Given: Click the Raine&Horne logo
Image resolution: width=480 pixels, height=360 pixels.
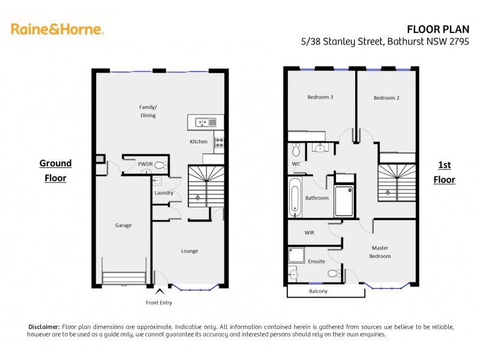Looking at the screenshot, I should pos(57,28).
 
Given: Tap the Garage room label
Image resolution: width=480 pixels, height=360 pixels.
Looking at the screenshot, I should pos(124,226).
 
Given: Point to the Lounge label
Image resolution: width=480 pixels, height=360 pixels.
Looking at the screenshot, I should pos(189,251).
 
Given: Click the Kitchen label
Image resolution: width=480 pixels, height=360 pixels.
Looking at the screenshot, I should pos(199,142).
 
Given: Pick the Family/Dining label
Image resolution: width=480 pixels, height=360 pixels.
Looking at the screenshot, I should pos(148,111).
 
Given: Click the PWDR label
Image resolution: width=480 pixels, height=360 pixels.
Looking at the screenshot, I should pos(145,163).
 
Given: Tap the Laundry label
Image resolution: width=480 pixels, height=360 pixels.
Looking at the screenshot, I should pos(164,193).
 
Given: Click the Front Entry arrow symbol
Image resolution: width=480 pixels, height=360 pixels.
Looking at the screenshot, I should pos(158,292).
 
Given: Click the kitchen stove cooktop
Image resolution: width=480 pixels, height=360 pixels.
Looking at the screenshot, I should pos(219,142).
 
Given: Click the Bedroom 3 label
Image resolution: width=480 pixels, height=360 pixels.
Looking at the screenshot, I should pos(320,97).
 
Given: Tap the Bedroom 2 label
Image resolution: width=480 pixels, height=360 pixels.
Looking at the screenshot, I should pos(386,98).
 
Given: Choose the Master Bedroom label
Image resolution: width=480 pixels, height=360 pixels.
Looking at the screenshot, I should pos(380,252).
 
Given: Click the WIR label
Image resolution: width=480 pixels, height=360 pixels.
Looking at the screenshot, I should pos(310,232).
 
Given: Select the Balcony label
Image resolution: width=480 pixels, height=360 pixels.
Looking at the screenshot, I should pos(319,292).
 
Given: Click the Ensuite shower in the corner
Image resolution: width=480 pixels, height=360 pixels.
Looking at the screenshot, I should pos(296,256).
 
